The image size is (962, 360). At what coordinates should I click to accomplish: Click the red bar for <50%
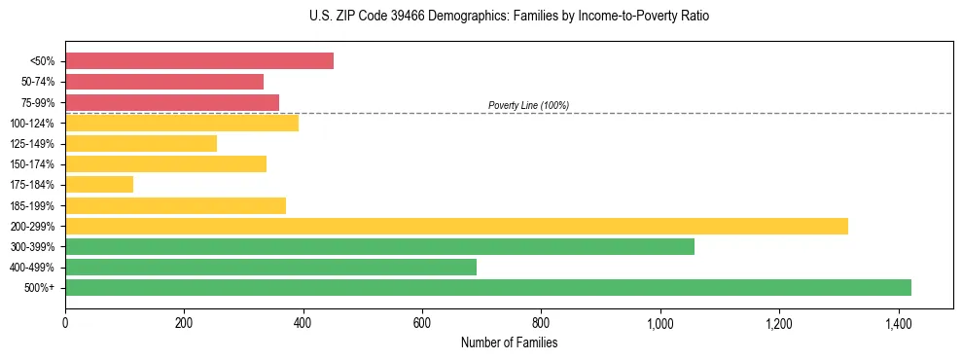pos(199,61)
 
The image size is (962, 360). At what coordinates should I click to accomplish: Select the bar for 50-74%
pos(164,82)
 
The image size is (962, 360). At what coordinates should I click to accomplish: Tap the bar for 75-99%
pos(172,102)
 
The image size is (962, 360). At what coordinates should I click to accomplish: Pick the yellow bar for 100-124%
pos(182,123)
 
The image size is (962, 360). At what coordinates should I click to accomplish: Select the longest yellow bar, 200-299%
pos(456,226)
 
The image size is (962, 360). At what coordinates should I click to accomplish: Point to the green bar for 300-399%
pos(379,246)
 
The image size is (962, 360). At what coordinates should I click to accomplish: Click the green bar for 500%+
pos(488,287)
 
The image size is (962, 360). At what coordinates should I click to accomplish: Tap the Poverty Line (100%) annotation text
pos(528,105)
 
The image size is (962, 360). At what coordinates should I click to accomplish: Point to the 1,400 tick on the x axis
pos(898,322)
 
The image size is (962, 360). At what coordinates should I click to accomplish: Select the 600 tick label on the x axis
pos(422,322)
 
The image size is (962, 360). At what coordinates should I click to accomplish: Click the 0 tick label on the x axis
pos(65,322)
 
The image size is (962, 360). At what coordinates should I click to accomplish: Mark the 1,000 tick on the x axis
pos(660,322)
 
